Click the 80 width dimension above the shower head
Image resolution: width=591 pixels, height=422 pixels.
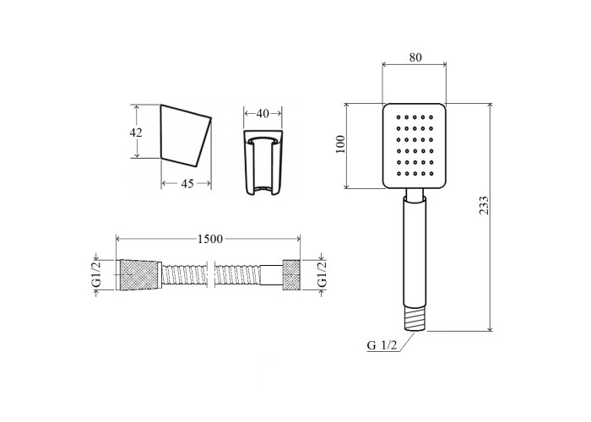point(415,57)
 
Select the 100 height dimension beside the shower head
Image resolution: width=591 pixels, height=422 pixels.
point(340,144)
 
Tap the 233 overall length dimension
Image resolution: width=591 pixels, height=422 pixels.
point(484,205)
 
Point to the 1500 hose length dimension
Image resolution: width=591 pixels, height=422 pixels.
point(210,239)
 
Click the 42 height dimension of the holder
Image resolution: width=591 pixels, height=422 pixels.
point(136,133)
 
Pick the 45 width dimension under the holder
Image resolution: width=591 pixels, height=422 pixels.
point(187,183)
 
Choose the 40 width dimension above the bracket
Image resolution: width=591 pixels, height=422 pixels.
point(263,113)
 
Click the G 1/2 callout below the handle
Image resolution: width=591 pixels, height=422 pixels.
point(382,345)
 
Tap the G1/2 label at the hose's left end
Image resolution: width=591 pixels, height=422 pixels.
point(97,274)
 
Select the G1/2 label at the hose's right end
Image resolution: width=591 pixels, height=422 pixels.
point(323,274)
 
